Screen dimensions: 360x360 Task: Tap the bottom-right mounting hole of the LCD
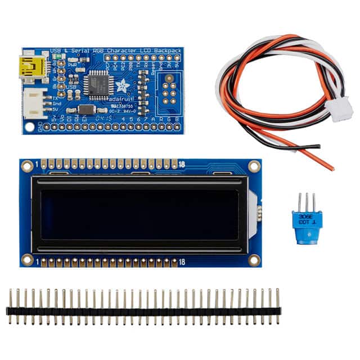[x=254, y=259]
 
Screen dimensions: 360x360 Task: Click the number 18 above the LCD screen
[x=182, y=163]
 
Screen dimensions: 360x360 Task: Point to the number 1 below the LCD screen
[x=36, y=262]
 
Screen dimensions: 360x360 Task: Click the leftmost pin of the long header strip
[x=10, y=306]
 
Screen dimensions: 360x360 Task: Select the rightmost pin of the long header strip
[x=277, y=306]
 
